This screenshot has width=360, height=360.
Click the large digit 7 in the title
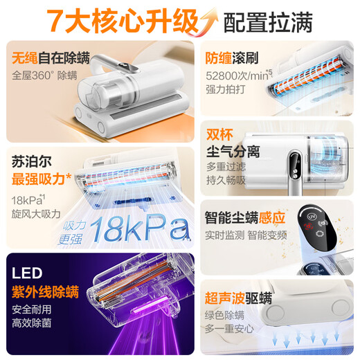click(57, 21)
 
